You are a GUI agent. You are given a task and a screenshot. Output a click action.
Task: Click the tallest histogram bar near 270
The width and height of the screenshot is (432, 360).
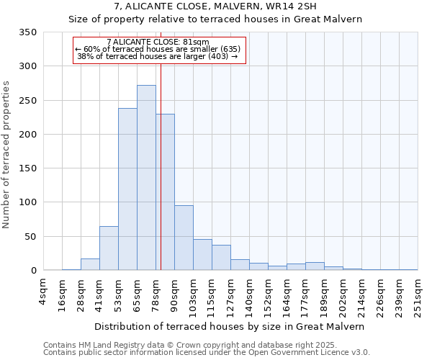(x=146, y=178)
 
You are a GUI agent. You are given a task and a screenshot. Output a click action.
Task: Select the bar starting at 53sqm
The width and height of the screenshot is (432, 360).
(x=127, y=189)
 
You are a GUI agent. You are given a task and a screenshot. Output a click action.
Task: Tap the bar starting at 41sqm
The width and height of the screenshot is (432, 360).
(x=109, y=248)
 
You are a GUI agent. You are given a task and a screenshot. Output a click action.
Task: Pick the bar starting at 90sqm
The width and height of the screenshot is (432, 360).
(x=184, y=238)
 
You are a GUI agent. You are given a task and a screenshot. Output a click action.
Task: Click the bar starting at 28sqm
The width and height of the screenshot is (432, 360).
(x=90, y=264)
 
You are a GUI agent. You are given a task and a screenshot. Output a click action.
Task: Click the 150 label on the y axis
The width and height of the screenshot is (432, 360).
(x=28, y=168)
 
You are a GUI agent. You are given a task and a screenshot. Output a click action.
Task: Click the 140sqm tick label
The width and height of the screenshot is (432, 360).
(x=249, y=293)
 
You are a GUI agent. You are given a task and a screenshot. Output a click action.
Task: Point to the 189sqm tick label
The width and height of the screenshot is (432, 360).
(x=324, y=293)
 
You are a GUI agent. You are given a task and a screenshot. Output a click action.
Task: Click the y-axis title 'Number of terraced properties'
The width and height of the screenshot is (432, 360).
(x=6, y=155)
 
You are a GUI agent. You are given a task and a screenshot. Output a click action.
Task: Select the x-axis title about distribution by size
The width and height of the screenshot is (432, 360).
(x=229, y=326)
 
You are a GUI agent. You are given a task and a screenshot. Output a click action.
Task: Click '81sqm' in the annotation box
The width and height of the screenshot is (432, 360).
(x=196, y=42)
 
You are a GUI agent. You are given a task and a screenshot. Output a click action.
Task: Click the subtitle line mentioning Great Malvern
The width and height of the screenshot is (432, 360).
(x=215, y=19)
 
